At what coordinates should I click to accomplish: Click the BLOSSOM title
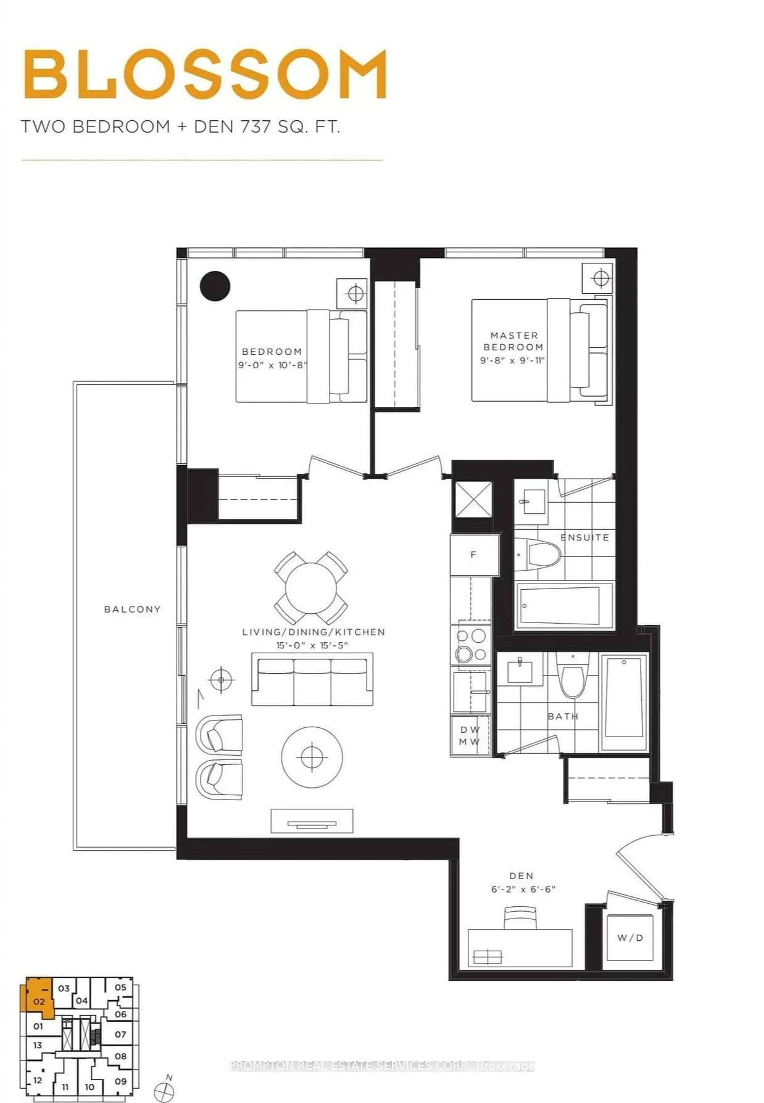205,75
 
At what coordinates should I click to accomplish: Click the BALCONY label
132,609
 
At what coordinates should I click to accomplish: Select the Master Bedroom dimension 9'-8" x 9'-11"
512,360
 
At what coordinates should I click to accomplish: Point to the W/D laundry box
630,938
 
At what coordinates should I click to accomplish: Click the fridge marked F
473,555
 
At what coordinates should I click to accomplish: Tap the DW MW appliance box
470,735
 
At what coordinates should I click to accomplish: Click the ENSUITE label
584,537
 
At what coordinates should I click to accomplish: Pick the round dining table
311,587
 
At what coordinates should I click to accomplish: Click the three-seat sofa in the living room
312,682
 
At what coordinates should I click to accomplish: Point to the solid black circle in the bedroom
215,286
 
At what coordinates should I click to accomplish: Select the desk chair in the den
521,917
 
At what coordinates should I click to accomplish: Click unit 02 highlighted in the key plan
38,1002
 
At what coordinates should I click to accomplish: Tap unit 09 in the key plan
120,1081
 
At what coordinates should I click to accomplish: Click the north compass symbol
164,1091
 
